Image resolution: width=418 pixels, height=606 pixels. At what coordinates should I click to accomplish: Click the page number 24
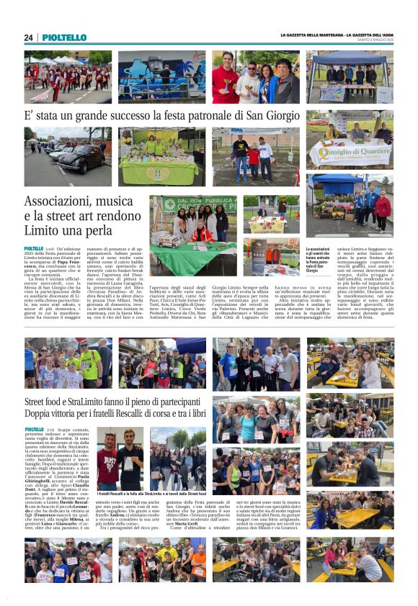point(28,37)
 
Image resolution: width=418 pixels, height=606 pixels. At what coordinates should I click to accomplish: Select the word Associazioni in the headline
point(63,202)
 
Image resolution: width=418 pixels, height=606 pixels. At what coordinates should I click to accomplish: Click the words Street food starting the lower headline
point(48,402)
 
